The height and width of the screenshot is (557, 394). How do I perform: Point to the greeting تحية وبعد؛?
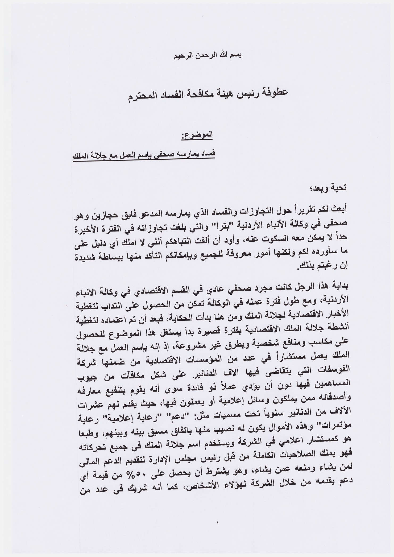[x=333, y=187]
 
